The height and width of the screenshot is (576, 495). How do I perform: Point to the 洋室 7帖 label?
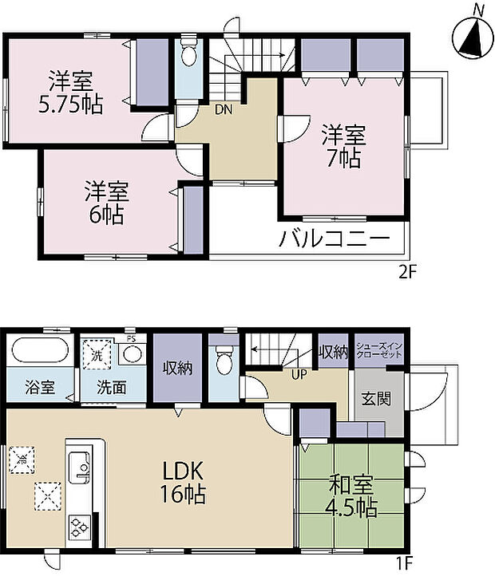click(x=342, y=145)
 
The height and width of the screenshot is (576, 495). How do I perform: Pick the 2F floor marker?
click(x=407, y=271)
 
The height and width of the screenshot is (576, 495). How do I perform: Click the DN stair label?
click(x=223, y=111)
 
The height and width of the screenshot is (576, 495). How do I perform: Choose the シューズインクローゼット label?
click(x=380, y=352)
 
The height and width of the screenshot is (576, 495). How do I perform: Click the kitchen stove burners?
click(x=81, y=527)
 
